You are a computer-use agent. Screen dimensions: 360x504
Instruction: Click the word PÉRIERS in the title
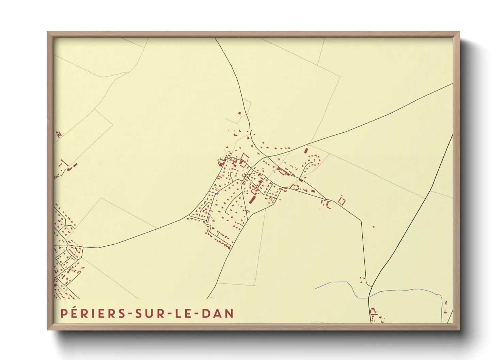93,314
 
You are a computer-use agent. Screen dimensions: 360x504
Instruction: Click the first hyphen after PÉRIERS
130,314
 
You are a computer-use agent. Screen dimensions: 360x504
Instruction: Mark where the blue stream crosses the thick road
369,297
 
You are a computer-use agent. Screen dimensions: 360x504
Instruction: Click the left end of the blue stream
315,289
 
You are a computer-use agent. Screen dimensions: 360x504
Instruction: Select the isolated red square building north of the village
239,113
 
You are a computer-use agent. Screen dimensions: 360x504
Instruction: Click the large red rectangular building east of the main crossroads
305,150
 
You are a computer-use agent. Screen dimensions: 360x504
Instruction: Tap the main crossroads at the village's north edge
267,157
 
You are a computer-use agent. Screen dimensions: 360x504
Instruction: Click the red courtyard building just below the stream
373,311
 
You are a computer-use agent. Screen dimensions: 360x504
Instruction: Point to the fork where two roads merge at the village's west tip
189,215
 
